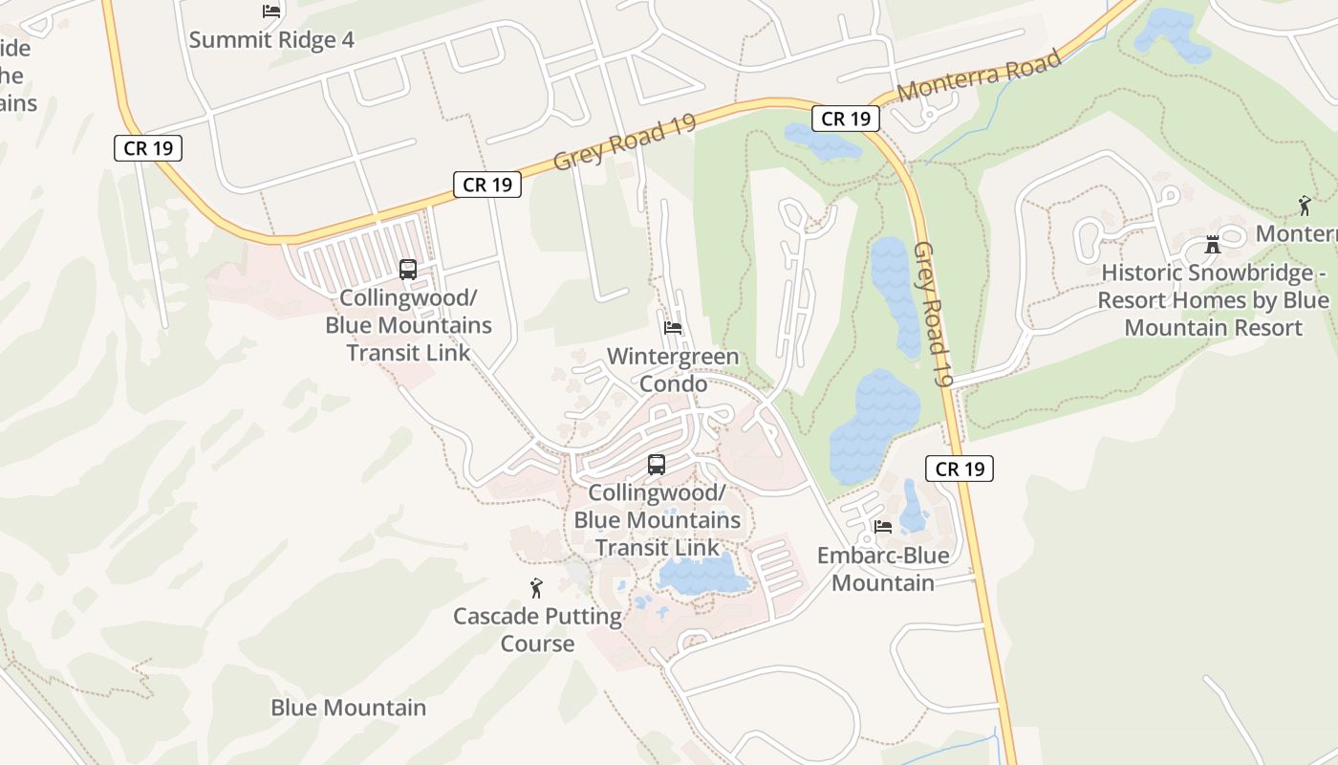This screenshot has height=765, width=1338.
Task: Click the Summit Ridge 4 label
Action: (271, 40)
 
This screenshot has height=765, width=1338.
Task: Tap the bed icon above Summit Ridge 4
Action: (271, 11)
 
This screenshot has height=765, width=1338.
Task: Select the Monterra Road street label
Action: (980, 76)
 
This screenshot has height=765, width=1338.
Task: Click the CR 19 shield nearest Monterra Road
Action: (846, 119)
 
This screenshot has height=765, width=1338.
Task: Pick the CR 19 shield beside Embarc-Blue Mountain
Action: (960, 469)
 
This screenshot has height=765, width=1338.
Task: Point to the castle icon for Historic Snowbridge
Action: (1213, 244)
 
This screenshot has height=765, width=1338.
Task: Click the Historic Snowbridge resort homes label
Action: (1213, 300)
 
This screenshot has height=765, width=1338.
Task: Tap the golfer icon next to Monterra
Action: (1305, 205)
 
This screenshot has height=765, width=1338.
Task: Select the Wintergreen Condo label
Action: (673, 370)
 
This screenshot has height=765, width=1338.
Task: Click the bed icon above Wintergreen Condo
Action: (673, 328)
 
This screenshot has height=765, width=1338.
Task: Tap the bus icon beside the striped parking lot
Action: (408, 270)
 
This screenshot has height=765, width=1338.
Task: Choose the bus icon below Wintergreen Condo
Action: (657, 465)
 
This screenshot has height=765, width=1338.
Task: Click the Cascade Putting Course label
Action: (537, 629)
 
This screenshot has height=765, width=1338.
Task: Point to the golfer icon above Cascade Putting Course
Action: (536, 588)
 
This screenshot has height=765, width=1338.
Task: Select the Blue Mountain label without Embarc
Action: (348, 709)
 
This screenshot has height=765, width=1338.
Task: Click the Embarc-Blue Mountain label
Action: (883, 569)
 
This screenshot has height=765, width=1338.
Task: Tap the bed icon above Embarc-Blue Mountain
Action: (883, 526)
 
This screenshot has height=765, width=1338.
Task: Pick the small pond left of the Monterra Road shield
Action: (820, 142)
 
